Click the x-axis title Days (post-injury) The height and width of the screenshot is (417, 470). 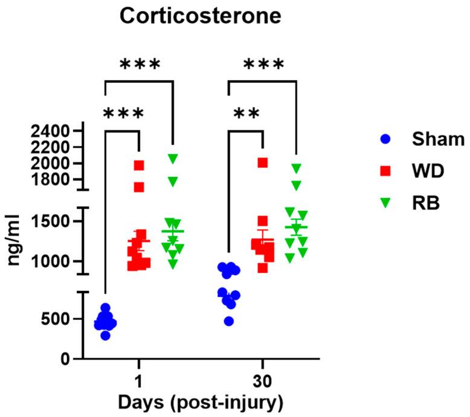pyautogui.click(x=200, y=401)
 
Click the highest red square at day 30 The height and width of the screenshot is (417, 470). pyautogui.click(x=263, y=162)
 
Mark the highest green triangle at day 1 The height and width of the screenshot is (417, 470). pyautogui.click(x=173, y=158)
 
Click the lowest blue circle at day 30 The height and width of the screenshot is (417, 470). pyautogui.click(x=228, y=321)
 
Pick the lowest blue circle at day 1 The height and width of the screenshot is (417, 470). pyautogui.click(x=106, y=335)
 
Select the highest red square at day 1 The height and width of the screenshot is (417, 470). pyautogui.click(x=139, y=165)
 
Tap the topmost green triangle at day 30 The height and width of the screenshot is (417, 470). pyautogui.click(x=295, y=168)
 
